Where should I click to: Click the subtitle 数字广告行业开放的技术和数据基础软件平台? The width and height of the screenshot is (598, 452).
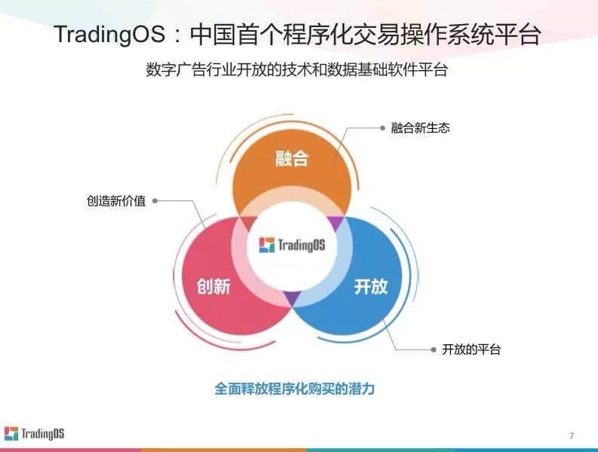pyautogui.click(x=296, y=70)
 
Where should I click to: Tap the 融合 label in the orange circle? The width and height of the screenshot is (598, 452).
pyautogui.click(x=292, y=158)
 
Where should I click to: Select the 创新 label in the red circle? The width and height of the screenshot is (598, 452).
pyautogui.click(x=213, y=286)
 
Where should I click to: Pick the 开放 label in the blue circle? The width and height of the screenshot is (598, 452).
pyautogui.click(x=371, y=286)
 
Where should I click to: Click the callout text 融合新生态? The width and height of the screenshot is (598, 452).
pyautogui.click(x=420, y=127)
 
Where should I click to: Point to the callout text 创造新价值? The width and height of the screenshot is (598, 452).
pyautogui.click(x=116, y=201)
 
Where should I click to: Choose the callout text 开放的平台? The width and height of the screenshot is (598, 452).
pyautogui.click(x=471, y=349)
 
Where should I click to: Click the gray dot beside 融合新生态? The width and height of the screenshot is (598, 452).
pyautogui.click(x=382, y=127)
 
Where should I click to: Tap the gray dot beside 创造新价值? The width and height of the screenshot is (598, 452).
pyautogui.click(x=155, y=201)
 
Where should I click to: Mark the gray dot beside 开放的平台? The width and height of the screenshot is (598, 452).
pyautogui.click(x=434, y=350)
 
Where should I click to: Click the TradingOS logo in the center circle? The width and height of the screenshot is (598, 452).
pyautogui.click(x=292, y=245)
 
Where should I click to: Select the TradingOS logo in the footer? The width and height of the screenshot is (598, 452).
pyautogui.click(x=35, y=434)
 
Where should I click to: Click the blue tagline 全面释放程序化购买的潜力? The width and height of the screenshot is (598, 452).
pyautogui.click(x=294, y=389)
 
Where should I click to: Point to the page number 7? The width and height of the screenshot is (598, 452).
pyautogui.click(x=572, y=435)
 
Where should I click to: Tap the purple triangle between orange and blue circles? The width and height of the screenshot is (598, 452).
pyautogui.click(x=336, y=222)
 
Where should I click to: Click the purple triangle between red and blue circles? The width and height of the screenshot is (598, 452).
pyautogui.click(x=293, y=298)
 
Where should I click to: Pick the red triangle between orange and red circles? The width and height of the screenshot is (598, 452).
pyautogui.click(x=248, y=223)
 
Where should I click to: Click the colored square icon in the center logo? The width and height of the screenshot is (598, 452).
pyautogui.click(x=267, y=245)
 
